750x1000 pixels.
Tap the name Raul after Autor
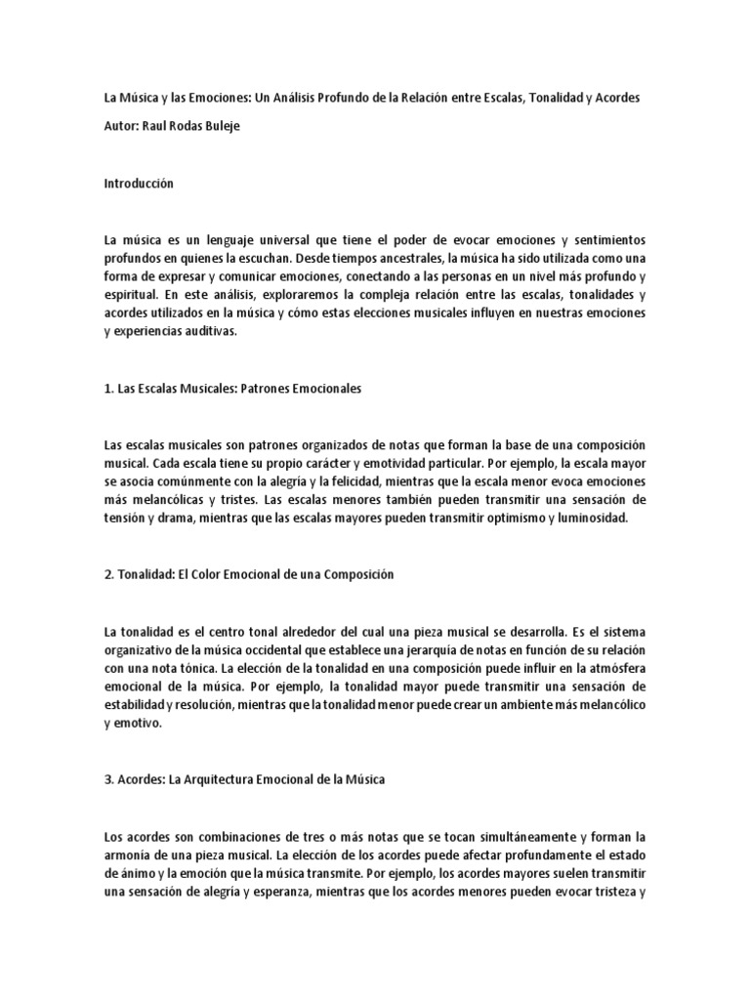157,127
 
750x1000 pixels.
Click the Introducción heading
138,183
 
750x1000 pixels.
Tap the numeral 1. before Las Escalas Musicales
107,388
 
